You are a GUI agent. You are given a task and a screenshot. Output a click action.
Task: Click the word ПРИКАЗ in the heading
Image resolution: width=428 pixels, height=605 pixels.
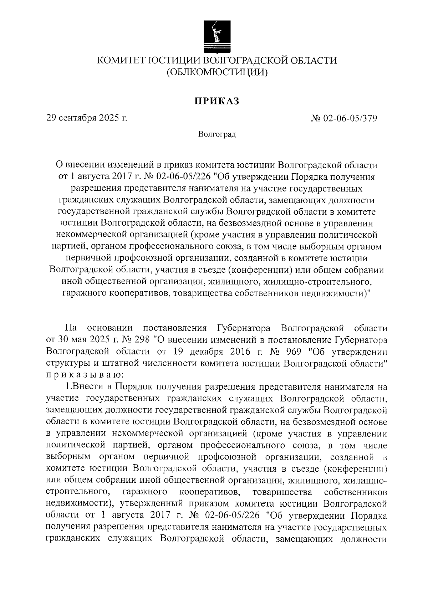216,101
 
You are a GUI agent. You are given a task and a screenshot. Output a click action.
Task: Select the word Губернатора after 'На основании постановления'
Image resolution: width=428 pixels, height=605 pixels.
243,328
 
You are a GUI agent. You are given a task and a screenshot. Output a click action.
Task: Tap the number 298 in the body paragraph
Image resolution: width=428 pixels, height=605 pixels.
140,339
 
